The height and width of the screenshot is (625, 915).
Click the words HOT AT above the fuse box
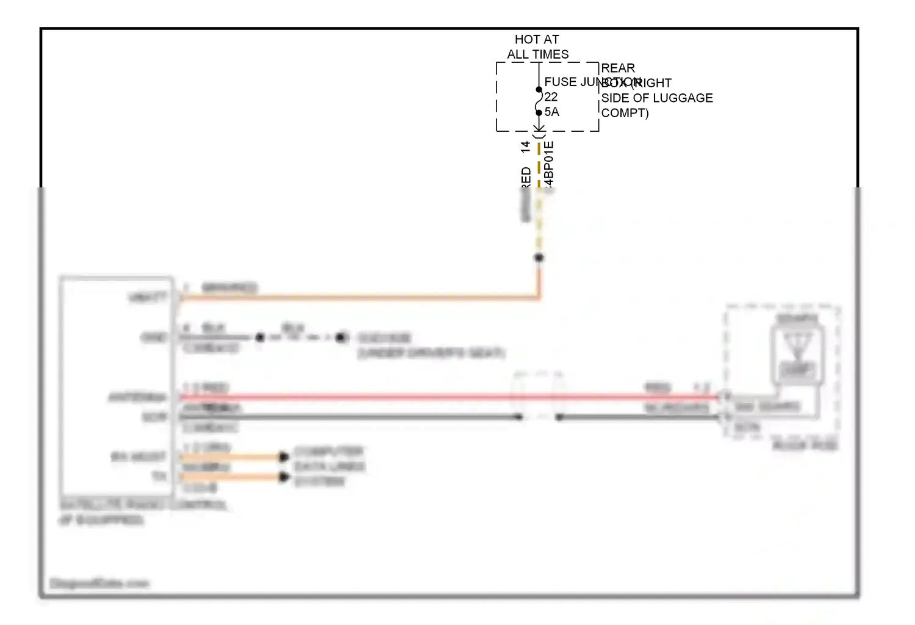pos(536,40)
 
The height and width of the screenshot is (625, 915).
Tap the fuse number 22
pos(551,97)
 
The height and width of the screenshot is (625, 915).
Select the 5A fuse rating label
pos(551,112)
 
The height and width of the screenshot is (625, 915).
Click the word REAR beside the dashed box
pos(618,68)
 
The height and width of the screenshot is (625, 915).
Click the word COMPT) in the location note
pos(625,113)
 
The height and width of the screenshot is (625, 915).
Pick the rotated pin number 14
pos(526,147)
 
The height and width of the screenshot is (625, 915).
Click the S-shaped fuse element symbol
pos(539,101)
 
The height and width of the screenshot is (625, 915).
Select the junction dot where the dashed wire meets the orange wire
pos(539,258)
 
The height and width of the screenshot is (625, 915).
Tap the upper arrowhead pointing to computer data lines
pos(284,457)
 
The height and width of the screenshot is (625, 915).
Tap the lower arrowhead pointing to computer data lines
pos(284,477)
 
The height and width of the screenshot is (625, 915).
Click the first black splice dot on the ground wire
pos(260,337)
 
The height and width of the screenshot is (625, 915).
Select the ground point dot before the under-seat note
pos(341,337)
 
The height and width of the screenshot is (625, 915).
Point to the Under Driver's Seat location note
pos(431,353)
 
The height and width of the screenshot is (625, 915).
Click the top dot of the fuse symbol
pos(539,90)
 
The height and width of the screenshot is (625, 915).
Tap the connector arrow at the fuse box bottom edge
pos(539,129)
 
